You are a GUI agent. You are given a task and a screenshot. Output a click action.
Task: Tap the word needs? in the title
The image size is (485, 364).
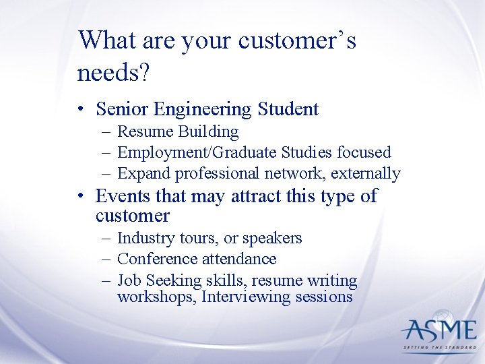pyautogui.click(x=112, y=73)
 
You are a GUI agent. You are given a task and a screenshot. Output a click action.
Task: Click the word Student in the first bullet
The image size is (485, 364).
pyautogui.click(x=290, y=109)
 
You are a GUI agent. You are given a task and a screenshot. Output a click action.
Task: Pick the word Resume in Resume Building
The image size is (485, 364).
pyautogui.click(x=144, y=131)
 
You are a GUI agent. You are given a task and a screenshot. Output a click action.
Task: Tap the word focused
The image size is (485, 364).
pyautogui.click(x=364, y=152)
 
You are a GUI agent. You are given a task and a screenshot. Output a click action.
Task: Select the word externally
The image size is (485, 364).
pyautogui.click(x=368, y=173)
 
